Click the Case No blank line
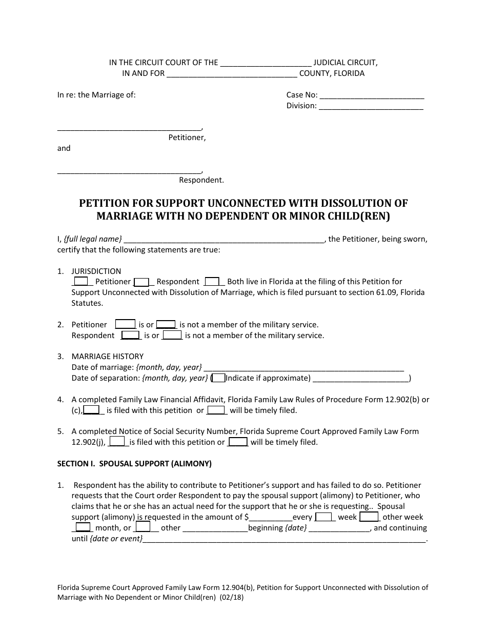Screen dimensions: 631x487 click(x=372, y=96)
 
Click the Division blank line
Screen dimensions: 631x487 click(x=371, y=107)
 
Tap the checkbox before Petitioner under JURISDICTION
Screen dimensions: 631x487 click(x=81, y=281)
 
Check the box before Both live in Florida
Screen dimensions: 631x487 click(x=212, y=281)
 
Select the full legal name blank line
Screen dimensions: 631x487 click(x=224, y=240)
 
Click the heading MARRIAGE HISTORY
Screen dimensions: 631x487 click(x=108, y=357)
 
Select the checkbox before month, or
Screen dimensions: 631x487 click(x=83, y=527)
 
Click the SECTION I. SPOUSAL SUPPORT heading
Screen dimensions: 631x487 click(x=134, y=464)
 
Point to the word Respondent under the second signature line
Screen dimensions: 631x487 click(x=201, y=180)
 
